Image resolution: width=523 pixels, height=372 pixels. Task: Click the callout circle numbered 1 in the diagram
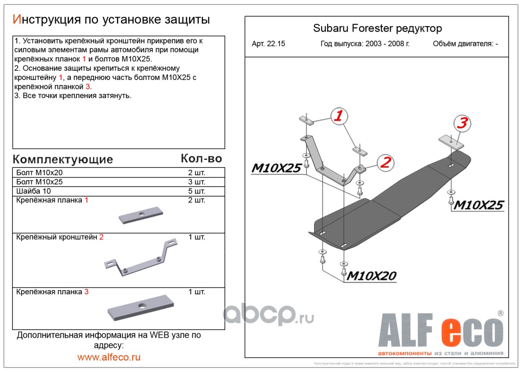click(339, 115)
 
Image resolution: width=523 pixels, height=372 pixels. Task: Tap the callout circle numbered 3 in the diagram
click(462, 123)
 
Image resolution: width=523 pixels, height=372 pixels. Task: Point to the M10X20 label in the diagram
click(371, 276)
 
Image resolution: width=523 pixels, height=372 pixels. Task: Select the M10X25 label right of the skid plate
click(479, 205)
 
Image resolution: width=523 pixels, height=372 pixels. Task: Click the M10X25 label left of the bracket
click(276, 168)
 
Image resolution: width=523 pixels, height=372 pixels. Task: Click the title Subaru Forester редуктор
click(377, 28)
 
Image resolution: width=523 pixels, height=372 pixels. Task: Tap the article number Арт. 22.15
click(268, 44)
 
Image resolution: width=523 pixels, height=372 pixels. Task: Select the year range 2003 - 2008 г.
click(365, 44)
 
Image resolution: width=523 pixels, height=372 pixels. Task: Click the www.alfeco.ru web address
click(109, 357)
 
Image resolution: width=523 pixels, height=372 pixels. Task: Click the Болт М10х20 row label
click(39, 173)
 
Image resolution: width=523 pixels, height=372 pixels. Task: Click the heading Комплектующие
click(63, 159)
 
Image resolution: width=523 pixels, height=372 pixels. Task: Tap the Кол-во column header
click(201, 159)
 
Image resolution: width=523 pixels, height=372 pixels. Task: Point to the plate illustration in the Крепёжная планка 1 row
click(141, 215)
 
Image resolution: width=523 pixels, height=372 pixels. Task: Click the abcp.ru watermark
click(268, 315)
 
